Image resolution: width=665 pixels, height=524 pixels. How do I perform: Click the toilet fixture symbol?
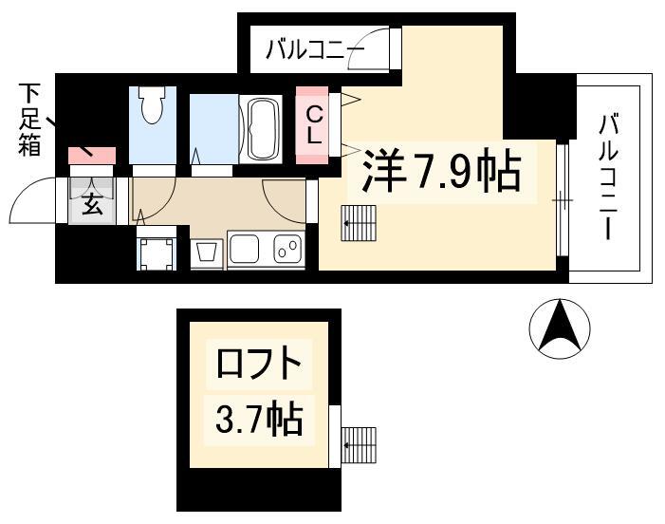tap(152, 104)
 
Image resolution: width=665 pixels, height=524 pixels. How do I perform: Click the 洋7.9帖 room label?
tap(441, 171)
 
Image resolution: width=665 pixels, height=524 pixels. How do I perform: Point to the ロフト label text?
tap(258, 363)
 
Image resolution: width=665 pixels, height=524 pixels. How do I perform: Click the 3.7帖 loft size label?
tap(259, 420)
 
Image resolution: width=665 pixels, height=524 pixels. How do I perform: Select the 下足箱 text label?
tap(29, 120)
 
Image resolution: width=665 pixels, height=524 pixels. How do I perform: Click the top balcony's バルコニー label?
tap(315, 49)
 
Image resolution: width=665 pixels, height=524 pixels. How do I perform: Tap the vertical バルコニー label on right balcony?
tap(609, 177)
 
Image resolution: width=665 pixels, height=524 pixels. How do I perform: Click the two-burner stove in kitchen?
tap(288, 248)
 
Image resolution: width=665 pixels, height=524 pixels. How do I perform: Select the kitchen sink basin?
tap(244, 248)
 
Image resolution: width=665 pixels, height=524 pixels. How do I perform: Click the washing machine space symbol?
tap(157, 253)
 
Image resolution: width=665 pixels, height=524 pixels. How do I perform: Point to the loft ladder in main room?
tap(359, 223)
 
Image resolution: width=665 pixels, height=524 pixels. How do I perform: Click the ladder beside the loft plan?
tap(359, 445)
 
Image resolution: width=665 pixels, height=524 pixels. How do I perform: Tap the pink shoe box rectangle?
tap(92, 156)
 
